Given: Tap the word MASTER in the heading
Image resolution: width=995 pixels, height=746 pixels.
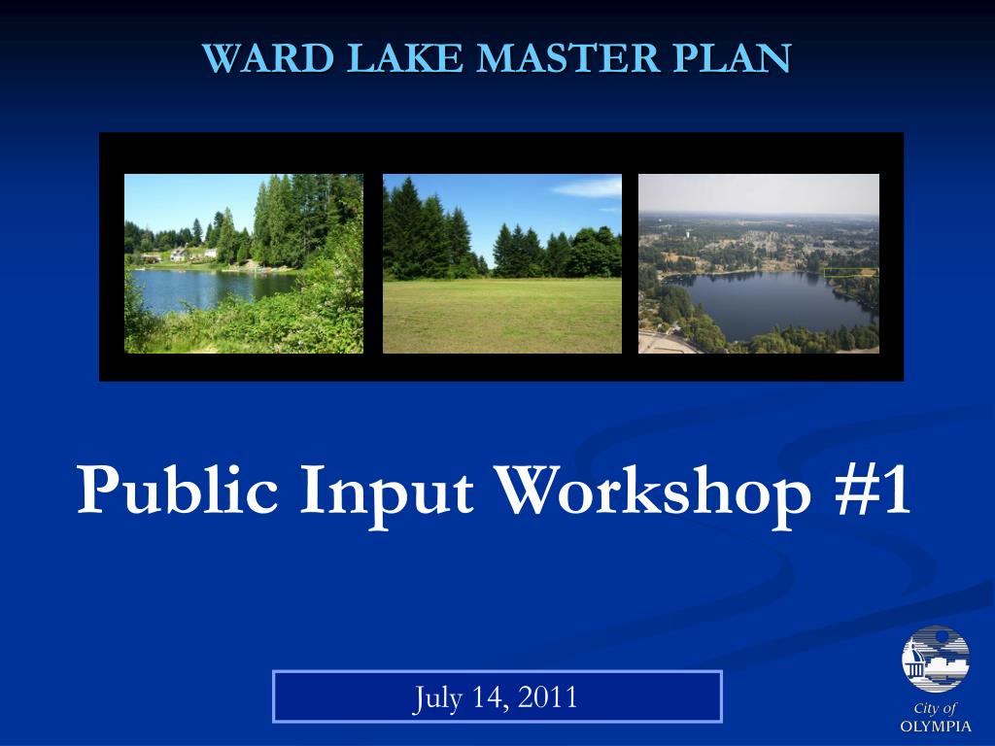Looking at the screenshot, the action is click(x=568, y=58).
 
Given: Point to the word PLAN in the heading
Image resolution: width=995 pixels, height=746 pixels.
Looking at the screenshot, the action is click(x=733, y=58).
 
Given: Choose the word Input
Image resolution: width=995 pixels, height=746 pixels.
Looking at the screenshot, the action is click(x=387, y=494).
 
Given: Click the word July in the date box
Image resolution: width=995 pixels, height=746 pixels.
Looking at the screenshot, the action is click(x=438, y=698).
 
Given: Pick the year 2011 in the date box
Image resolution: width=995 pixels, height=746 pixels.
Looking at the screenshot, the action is click(x=548, y=696).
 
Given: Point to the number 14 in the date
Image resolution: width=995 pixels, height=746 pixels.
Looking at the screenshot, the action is click(x=491, y=697).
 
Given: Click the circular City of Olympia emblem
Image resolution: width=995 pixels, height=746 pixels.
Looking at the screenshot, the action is click(x=936, y=660).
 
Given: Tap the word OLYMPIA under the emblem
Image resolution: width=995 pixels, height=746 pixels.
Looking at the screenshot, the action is click(x=936, y=727).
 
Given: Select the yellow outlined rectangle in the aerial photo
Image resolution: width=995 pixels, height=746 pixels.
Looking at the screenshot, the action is click(x=851, y=272).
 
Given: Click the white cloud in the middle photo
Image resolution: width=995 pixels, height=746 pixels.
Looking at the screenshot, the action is click(x=588, y=187).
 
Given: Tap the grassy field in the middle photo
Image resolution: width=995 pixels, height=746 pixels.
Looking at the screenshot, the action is click(x=502, y=316).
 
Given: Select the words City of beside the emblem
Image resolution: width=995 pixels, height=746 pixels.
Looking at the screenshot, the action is click(x=935, y=708).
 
